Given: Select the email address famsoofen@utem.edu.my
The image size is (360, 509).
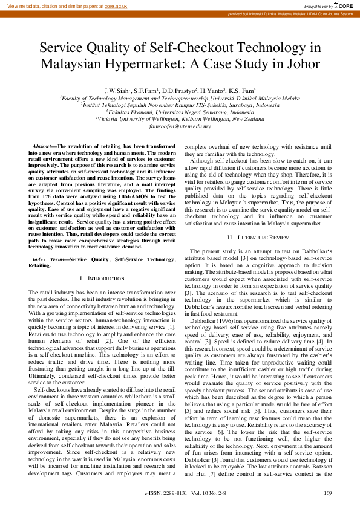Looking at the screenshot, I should coord(180,126).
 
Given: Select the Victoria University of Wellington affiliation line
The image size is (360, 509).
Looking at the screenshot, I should coord(180,119).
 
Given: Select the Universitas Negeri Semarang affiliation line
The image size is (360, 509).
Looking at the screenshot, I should coord(180,112).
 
